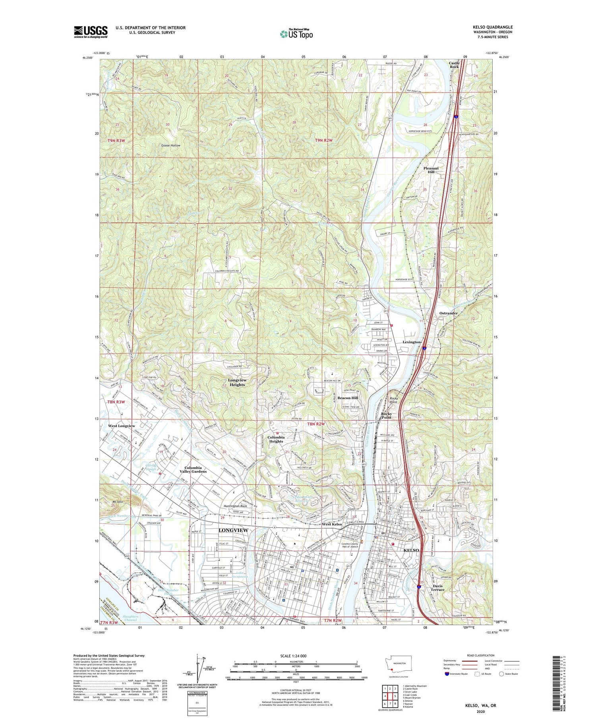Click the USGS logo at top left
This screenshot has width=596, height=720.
pyautogui.click(x=91, y=31)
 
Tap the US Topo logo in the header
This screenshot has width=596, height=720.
pyautogui.click(x=296, y=34)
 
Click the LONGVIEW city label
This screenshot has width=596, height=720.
pyautogui.click(x=234, y=530)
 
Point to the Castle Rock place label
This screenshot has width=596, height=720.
pyautogui.click(x=454, y=65)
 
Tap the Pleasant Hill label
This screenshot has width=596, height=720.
pyautogui.click(x=431, y=170)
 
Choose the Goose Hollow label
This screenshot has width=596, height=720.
pyautogui.click(x=171, y=145)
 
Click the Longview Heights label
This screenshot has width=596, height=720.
pyautogui.click(x=237, y=382)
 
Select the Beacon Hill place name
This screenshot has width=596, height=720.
pyautogui.click(x=348, y=398)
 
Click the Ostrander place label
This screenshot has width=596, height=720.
pyautogui.click(x=449, y=313)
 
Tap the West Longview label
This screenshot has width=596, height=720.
pyautogui.click(x=122, y=426)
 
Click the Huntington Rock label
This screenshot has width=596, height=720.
pyautogui.click(x=235, y=506)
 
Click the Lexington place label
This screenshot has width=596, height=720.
pyautogui.click(x=412, y=342)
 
